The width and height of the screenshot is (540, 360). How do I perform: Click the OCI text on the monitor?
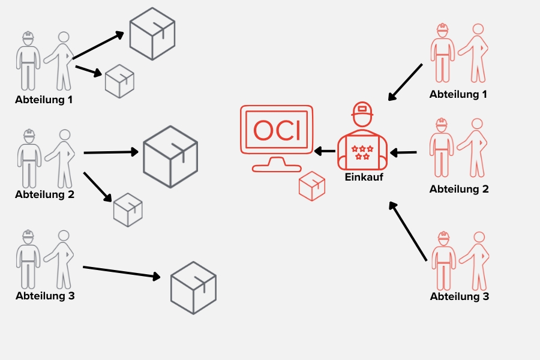click(277, 131)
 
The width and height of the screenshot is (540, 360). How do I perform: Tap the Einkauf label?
click(364, 177)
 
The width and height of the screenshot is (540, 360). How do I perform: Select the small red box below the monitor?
click(311, 185)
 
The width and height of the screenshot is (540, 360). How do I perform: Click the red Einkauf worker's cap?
click(362, 110)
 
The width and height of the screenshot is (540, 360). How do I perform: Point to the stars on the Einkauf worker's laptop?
click(362, 152)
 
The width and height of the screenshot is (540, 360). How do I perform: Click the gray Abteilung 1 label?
click(44, 100)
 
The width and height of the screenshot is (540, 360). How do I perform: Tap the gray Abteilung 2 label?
click(44, 194)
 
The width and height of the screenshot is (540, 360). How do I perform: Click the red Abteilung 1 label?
click(458, 94)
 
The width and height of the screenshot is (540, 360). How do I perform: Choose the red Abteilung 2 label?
click(459, 189)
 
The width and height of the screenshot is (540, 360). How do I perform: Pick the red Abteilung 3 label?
click(459, 296)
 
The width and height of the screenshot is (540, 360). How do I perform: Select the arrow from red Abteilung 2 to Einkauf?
click(403, 153)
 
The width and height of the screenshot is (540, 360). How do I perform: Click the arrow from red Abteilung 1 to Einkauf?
click(406, 82)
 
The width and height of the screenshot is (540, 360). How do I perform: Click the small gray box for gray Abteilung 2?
click(128, 209)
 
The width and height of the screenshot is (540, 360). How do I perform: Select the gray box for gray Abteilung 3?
click(193, 287)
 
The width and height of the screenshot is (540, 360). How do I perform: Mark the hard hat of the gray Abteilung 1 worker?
click(27, 37)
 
